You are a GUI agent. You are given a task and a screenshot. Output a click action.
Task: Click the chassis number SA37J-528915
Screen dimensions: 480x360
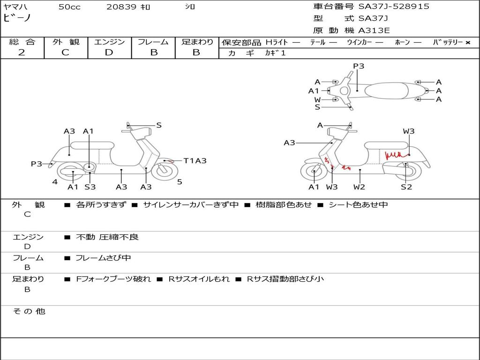point(394,7)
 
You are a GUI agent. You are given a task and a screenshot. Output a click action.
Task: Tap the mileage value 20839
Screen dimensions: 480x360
point(121,7)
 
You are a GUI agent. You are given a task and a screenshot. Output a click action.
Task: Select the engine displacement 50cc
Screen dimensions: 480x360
point(69,7)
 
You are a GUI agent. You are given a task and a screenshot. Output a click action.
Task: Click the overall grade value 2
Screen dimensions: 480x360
point(22,52)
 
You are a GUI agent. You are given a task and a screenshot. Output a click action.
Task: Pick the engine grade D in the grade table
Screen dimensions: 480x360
point(109,52)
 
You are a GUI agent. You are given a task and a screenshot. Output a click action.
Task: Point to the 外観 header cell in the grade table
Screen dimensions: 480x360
point(66,42)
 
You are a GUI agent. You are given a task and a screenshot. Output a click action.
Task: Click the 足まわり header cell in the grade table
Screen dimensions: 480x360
point(197,42)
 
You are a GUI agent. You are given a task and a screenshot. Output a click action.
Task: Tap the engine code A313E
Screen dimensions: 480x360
point(374,31)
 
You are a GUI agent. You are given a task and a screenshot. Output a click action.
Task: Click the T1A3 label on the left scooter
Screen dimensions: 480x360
point(195,161)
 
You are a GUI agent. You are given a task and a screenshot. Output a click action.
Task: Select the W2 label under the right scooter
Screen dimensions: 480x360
point(359,187)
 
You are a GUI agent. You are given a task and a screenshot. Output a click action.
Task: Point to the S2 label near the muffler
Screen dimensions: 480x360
point(406,187)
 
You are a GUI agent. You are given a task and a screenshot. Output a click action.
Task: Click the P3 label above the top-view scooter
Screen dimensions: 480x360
point(359,66)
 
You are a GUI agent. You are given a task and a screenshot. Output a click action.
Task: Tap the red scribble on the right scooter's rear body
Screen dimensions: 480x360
point(395,154)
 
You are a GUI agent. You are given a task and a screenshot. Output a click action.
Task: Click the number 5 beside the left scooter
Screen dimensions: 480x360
point(180,182)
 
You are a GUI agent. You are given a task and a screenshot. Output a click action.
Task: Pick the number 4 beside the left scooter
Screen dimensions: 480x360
point(55,182)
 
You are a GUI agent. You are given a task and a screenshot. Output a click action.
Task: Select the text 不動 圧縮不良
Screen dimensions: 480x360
point(107,237)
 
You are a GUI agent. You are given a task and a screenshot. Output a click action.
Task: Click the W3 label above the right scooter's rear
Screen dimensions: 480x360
point(409,131)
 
